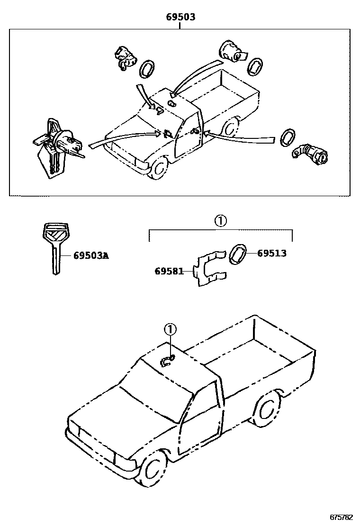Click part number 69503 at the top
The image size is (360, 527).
(x=180, y=18)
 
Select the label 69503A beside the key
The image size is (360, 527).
(x=91, y=256)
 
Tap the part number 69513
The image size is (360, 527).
(x=272, y=253)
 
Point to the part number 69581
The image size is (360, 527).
(x=169, y=271)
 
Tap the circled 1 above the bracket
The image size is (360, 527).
(x=221, y=221)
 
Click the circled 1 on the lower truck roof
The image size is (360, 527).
(x=170, y=328)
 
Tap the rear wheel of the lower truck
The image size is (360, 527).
(x=266, y=408)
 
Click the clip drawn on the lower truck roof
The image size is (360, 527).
(x=167, y=361)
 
